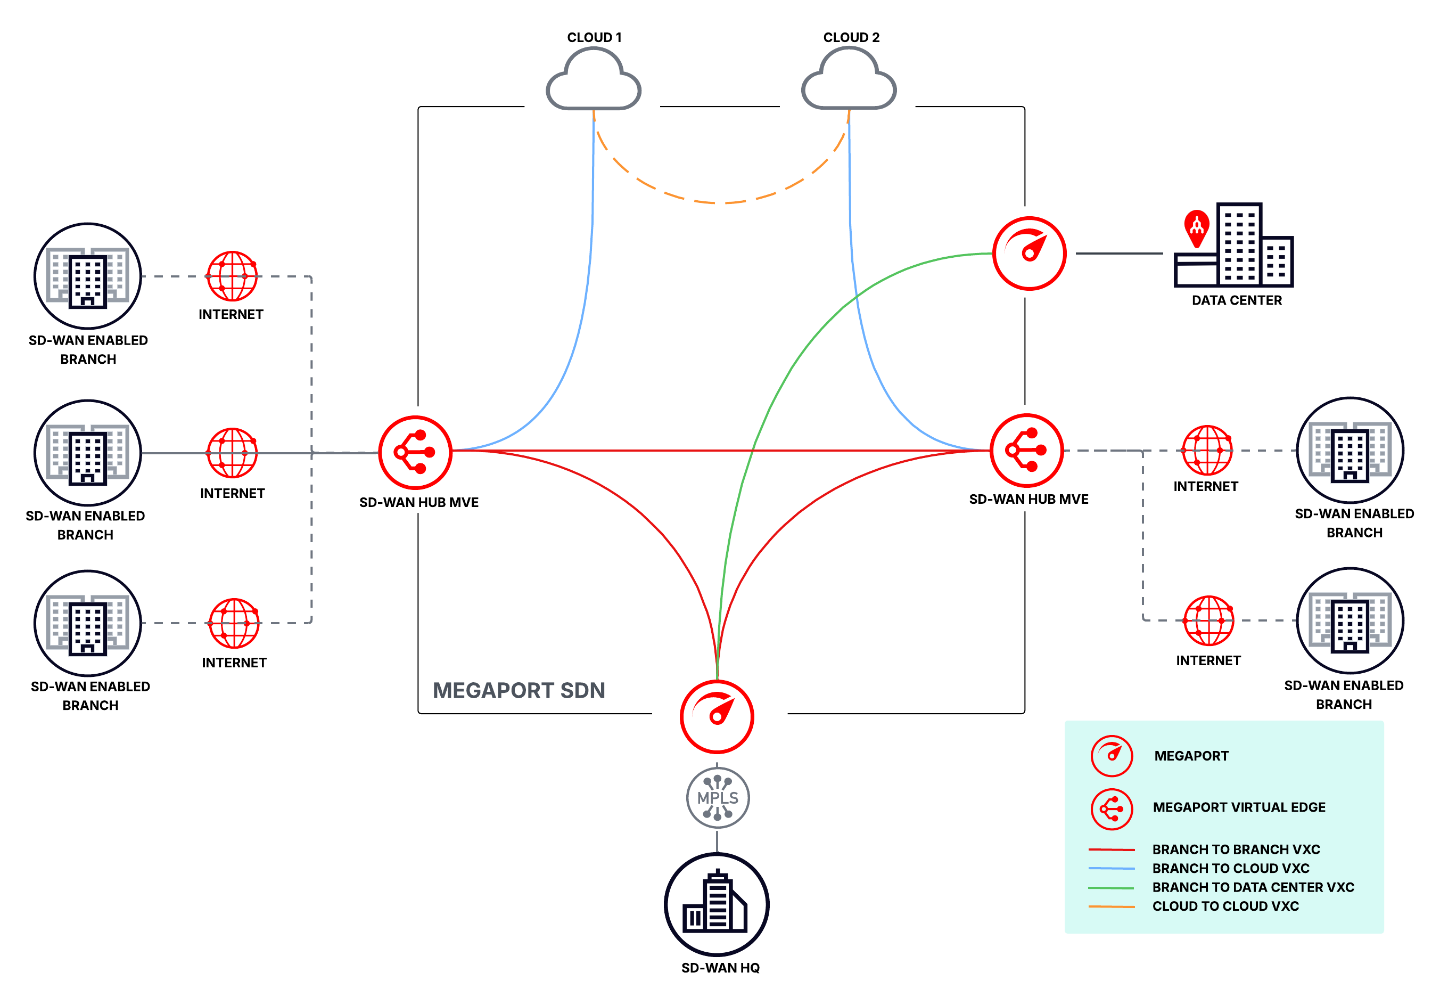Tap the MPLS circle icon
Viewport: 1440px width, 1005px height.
click(x=718, y=797)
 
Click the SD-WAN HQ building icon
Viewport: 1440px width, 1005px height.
click(x=716, y=904)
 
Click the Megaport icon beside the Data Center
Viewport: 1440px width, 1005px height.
click(x=1028, y=254)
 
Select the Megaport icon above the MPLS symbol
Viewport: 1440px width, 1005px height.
click(x=717, y=716)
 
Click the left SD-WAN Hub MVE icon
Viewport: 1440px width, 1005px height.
click(x=415, y=452)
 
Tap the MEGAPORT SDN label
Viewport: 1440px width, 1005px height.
click(x=519, y=690)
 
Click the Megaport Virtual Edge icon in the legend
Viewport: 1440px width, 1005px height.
click(x=1112, y=808)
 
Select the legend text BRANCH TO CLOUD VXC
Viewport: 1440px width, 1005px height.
click(x=1231, y=868)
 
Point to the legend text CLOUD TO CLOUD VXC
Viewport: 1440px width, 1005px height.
click(x=1225, y=906)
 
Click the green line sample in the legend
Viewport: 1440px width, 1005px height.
click(x=1110, y=888)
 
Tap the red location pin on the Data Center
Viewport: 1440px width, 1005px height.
click(x=1197, y=226)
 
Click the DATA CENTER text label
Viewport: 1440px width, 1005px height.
click(x=1237, y=300)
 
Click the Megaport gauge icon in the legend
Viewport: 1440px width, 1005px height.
click(x=1112, y=756)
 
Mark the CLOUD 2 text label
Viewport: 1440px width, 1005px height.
click(x=851, y=38)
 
